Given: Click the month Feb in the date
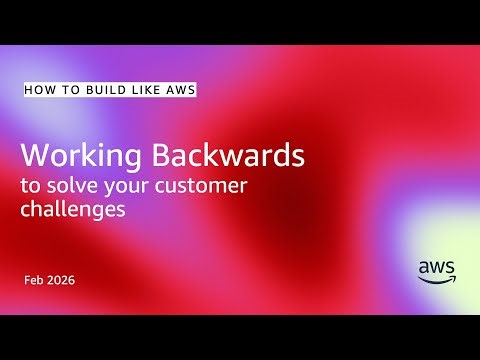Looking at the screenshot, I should click(35, 280).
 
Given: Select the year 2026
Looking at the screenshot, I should click(62, 280).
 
